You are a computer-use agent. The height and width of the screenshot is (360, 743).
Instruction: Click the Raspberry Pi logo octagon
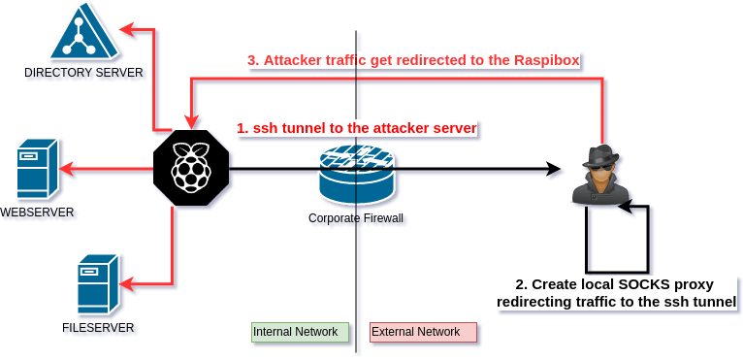pyautogui.click(x=192, y=169)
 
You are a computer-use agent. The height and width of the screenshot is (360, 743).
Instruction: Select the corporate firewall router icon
pyautogui.click(x=357, y=176)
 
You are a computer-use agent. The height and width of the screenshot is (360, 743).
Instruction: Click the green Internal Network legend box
pyautogui.click(x=301, y=332)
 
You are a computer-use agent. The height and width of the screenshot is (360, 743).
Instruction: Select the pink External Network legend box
pyautogui.click(x=424, y=332)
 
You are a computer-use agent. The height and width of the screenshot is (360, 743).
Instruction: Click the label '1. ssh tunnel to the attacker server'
pyautogui.click(x=358, y=128)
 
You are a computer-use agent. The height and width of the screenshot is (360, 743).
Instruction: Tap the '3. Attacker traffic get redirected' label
pyautogui.click(x=413, y=60)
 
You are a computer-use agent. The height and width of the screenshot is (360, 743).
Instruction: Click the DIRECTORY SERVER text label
pyautogui.click(x=85, y=74)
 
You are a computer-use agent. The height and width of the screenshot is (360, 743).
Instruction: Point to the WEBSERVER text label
pyautogui.click(x=39, y=213)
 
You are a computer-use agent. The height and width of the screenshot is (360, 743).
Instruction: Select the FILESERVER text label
pyautogui.click(x=99, y=329)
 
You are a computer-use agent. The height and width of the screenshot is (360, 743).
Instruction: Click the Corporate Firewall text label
pyautogui.click(x=357, y=219)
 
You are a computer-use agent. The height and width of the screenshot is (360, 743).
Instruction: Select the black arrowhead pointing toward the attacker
pyautogui.click(x=555, y=171)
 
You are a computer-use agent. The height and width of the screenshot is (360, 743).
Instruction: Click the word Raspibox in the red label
pyautogui.click(x=547, y=60)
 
